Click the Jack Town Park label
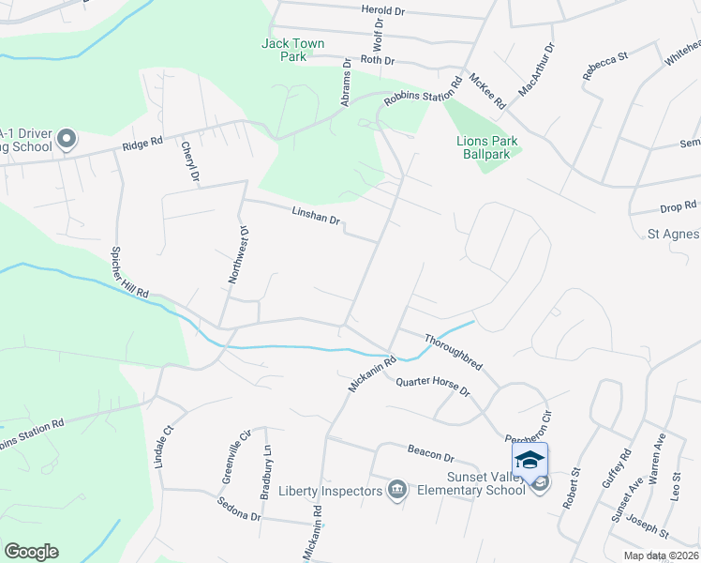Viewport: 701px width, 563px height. pos(285,50)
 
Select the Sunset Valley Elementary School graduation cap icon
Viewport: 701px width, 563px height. pos(529,459)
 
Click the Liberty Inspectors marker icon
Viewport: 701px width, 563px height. pos(397,490)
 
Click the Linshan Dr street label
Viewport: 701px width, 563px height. pos(313,219)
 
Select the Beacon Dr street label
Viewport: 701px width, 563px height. pos(430,453)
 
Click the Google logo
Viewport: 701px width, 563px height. pos(31,552)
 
